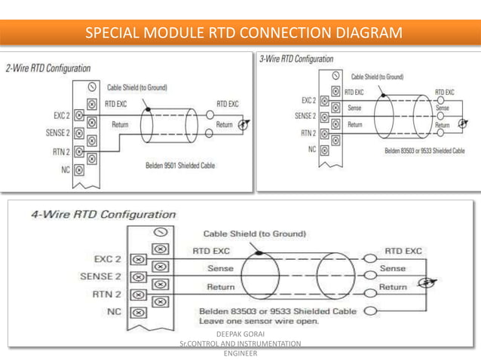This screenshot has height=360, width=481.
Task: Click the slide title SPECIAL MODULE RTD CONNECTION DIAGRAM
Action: (x=243, y=33)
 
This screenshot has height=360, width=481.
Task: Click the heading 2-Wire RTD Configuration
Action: (x=48, y=69)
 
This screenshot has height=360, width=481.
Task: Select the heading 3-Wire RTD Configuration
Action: (x=296, y=59)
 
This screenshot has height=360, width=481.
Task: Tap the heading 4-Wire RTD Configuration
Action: (x=103, y=214)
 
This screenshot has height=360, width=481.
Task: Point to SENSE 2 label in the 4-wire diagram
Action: (x=100, y=276)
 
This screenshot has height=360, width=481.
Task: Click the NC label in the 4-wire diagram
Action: (x=114, y=310)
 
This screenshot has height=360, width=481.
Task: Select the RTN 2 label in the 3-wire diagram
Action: (x=308, y=133)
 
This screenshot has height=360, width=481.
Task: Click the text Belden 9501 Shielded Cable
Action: (x=178, y=165)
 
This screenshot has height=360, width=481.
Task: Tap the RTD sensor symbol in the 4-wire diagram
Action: (x=428, y=282)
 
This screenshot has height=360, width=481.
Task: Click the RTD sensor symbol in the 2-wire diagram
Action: (x=242, y=125)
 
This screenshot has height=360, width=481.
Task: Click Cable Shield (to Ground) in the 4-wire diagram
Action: (x=254, y=233)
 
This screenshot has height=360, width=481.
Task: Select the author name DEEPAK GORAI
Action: (x=240, y=333)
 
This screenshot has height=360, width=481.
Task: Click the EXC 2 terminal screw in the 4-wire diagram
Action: (x=139, y=258)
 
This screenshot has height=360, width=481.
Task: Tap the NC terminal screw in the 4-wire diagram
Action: (x=139, y=310)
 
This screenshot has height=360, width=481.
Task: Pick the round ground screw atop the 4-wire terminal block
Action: (x=159, y=233)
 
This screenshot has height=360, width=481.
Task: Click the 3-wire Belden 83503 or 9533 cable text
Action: (x=424, y=151)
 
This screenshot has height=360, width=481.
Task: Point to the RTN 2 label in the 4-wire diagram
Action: (x=107, y=293)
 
